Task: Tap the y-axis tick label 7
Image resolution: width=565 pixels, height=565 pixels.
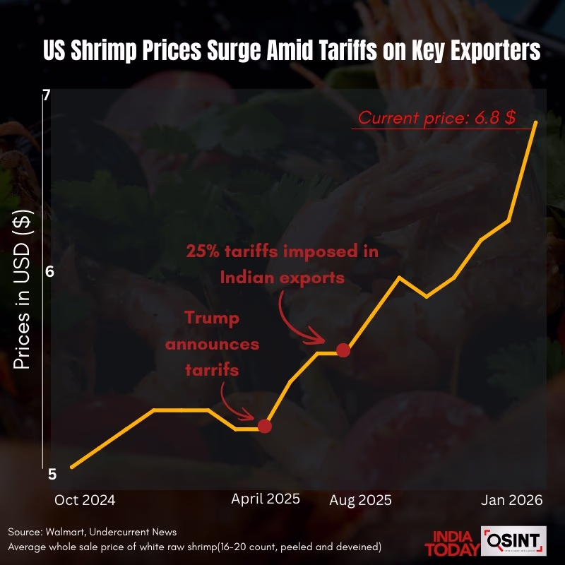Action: pyautogui.click(x=47, y=95)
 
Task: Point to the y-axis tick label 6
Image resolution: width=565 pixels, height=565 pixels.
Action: pyautogui.click(x=49, y=272)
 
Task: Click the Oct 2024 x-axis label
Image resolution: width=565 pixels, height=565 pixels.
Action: pyautogui.click(x=85, y=500)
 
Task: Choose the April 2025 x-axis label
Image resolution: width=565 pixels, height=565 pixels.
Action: pyautogui.click(x=266, y=499)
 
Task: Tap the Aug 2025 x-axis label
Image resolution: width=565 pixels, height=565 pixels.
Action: pyautogui.click(x=360, y=500)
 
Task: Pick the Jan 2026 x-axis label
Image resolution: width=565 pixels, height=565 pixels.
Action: pyautogui.click(x=512, y=500)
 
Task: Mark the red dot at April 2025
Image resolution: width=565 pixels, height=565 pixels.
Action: pyautogui.click(x=265, y=426)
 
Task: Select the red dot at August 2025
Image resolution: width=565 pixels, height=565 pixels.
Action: pyautogui.click(x=343, y=350)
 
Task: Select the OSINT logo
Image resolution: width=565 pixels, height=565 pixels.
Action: pyautogui.click(x=513, y=541)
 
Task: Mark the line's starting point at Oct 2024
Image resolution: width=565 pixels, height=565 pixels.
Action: pyautogui.click(x=72, y=467)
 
